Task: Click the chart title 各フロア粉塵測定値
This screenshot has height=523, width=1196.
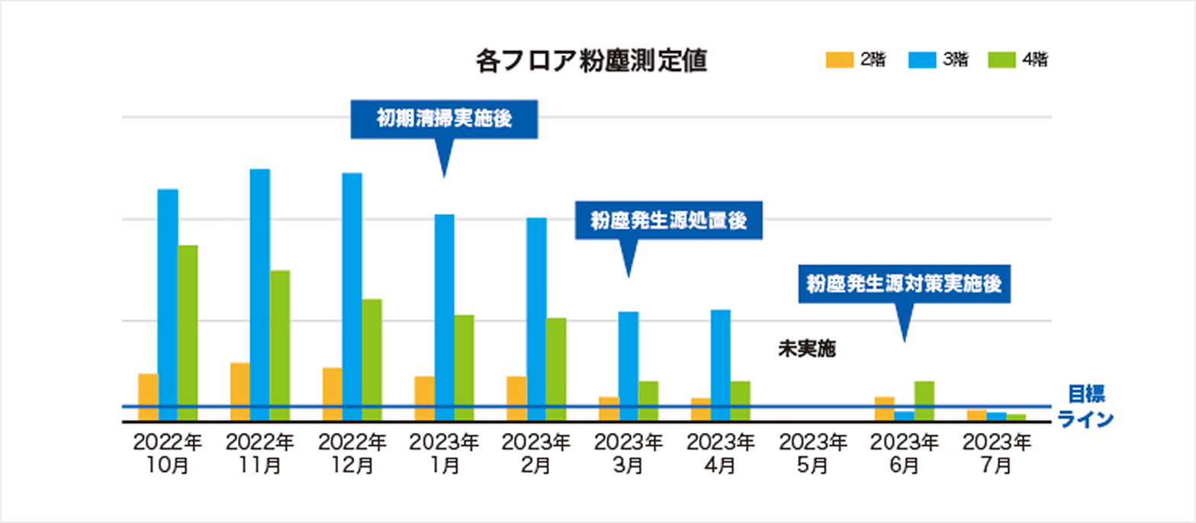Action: coord(590,61)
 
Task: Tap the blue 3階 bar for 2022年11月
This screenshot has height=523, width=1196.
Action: coord(260,294)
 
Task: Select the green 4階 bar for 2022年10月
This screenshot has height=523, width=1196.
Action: coord(188,332)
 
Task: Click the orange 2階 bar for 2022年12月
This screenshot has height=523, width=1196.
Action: coord(333,393)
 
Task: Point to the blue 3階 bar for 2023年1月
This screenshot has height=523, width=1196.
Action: coord(445,317)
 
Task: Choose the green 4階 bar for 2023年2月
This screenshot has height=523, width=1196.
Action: coord(556,369)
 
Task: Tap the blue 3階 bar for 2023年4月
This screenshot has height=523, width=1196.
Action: coord(721,364)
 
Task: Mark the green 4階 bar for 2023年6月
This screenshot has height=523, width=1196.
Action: coord(924,400)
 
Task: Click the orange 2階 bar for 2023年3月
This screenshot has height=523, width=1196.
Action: coord(609,408)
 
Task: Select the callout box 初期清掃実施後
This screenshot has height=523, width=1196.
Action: coord(444,120)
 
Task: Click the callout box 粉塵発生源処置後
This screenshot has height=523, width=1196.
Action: coord(668,221)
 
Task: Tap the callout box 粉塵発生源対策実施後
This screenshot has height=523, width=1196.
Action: coord(903,284)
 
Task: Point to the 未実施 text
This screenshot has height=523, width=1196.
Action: coord(807,350)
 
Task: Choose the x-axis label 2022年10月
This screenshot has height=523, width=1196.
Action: coord(168,454)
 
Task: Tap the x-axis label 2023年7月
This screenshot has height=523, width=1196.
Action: coord(998,454)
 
